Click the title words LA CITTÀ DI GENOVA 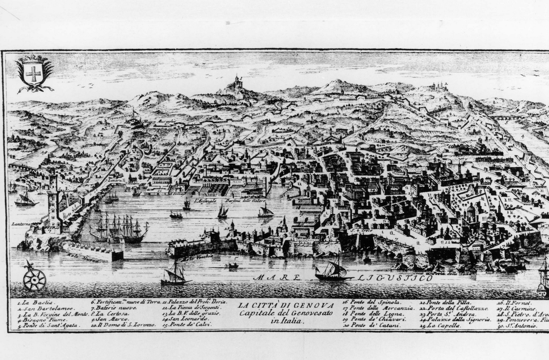(x=286, y=305)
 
